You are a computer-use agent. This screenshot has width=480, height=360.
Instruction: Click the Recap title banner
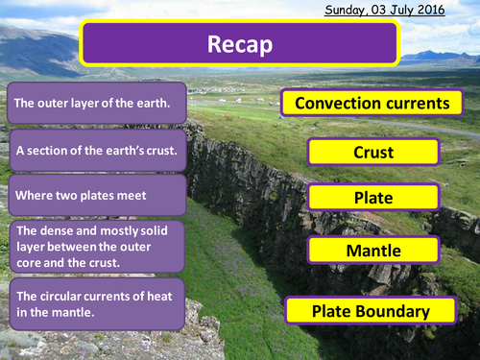pyautogui.click(x=239, y=43)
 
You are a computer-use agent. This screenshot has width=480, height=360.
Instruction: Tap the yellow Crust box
pyautogui.click(x=373, y=153)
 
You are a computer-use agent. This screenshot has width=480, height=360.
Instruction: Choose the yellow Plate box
pyautogui.click(x=373, y=198)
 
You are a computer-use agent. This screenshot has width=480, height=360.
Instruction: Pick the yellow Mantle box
pyautogui.click(x=373, y=252)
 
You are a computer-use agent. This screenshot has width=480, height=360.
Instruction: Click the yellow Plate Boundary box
pyautogui.click(x=371, y=311)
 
